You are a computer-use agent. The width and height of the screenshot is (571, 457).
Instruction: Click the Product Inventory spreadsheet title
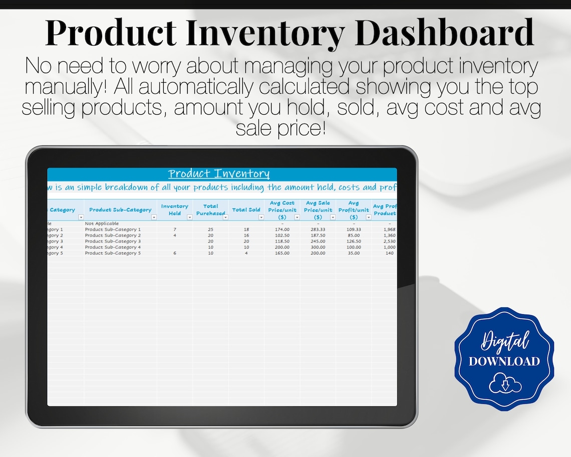tap(219, 174)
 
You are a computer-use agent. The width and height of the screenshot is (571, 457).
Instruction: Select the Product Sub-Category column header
tap(120, 210)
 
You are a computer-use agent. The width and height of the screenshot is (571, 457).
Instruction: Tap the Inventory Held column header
tap(175, 209)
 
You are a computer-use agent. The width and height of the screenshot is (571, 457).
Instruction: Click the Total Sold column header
tap(246, 210)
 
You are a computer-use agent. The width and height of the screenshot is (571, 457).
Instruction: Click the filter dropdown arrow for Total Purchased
tap(225, 217)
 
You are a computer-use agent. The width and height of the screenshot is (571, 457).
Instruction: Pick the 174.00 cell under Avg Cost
tap(282, 230)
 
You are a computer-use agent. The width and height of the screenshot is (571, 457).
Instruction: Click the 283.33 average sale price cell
tap(318, 230)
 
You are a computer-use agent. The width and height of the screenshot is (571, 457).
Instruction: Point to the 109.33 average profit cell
tap(354, 230)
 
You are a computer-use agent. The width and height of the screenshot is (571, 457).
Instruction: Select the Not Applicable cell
tap(102, 223)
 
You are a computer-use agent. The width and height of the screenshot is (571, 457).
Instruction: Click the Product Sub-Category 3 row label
tap(113, 242)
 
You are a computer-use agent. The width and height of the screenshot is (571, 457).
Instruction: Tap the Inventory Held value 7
tap(175, 230)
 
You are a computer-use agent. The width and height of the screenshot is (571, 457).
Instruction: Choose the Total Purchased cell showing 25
tap(210, 230)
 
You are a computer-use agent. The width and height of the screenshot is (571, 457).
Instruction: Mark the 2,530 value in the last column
tap(389, 242)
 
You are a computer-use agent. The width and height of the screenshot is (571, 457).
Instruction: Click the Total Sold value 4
tap(246, 254)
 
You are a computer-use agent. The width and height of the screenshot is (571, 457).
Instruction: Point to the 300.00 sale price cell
tap(318, 248)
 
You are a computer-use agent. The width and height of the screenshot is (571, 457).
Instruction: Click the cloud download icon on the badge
tap(505, 383)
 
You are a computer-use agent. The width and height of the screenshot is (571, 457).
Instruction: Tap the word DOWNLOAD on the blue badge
tap(504, 362)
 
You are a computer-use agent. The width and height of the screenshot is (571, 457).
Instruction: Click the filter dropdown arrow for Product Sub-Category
tap(154, 217)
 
